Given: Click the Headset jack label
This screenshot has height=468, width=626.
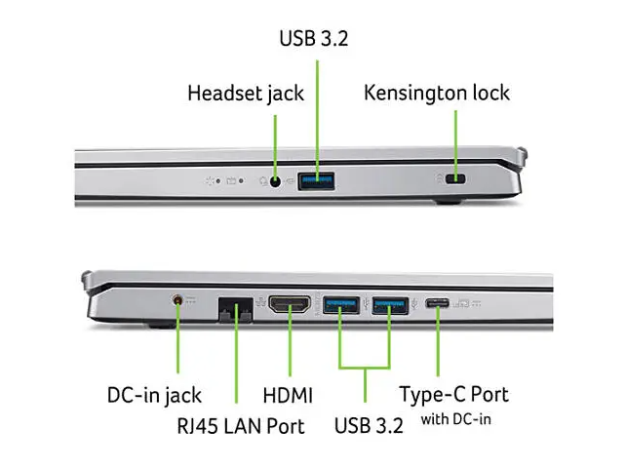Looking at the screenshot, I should click(x=246, y=94).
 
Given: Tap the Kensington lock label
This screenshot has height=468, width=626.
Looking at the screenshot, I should click(x=437, y=94).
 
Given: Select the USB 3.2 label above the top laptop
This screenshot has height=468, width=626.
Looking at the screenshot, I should click(x=313, y=40).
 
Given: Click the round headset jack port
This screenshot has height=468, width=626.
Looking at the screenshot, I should click(x=275, y=179).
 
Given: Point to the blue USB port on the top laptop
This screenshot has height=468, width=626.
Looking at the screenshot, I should click(x=316, y=178).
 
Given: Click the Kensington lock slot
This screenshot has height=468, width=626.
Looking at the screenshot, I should click(x=453, y=179).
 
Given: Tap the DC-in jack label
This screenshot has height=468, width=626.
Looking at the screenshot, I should click(x=154, y=395).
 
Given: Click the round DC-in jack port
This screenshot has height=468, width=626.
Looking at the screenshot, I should click(x=177, y=302).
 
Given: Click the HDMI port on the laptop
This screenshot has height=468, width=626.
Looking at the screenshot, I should click(x=289, y=307).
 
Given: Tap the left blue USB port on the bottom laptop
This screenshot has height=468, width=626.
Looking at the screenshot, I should click(x=340, y=308).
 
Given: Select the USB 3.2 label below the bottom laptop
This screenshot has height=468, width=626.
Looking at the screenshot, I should click(x=367, y=426).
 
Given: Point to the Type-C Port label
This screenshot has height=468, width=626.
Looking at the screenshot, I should click(x=453, y=395).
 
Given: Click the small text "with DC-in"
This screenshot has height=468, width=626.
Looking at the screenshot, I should click(x=454, y=420).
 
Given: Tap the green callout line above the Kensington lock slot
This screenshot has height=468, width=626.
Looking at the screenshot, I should click(x=454, y=136).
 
